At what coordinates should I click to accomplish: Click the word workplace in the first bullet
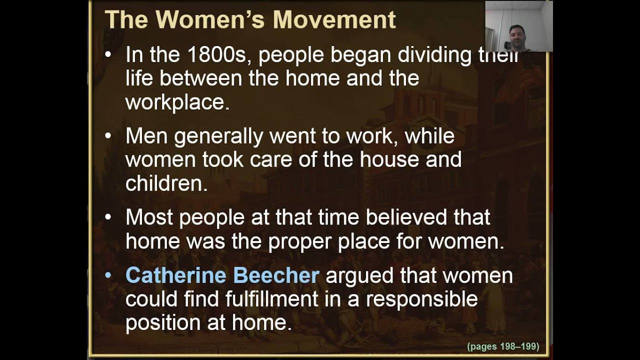coord(177,102)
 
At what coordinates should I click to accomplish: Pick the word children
coord(166,183)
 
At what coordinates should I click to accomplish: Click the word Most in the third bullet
coord(149,217)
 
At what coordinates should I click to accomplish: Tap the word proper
coord(300,242)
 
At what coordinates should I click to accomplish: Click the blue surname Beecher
coord(276,275)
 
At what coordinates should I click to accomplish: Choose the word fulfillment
coord(271,299)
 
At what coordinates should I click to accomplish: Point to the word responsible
coord(421,299)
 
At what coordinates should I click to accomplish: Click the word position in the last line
coord(162,323)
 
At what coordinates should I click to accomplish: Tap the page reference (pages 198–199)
coord(502,346)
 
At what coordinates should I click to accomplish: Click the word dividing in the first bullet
coord(434,54)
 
